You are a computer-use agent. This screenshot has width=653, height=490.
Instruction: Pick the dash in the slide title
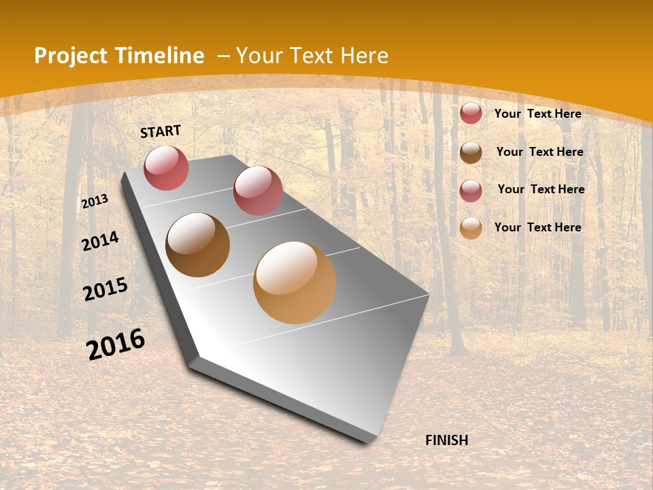pos(223,56)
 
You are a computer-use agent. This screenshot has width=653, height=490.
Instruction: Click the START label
pos(161,131)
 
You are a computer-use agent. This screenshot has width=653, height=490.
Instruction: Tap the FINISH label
pos(447,440)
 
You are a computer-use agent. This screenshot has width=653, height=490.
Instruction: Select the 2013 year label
pos(95,201)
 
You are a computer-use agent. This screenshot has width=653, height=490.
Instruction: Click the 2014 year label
pos(101,241)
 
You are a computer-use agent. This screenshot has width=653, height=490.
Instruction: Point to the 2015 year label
pos(105,289)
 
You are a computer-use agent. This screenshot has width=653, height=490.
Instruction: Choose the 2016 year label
pos(116,344)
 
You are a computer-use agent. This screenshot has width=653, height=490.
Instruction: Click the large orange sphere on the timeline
pos(295,282)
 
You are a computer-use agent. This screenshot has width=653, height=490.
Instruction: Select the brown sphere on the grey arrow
pos(198,245)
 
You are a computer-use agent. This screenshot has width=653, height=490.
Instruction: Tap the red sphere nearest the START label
pos(166,167)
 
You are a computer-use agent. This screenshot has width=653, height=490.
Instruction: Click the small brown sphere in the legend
pos(471,152)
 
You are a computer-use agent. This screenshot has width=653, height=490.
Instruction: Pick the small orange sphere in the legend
pos(471,228)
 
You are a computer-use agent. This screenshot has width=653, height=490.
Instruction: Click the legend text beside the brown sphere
pos(539,152)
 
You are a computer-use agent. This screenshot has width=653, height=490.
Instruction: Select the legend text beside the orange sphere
pos(537,227)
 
